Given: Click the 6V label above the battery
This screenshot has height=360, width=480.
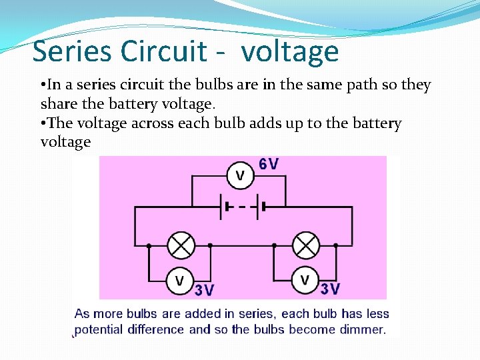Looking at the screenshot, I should [269, 164].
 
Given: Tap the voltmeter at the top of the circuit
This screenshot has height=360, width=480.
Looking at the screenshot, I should [240, 176].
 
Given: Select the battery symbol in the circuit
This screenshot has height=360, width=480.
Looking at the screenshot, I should [244, 207].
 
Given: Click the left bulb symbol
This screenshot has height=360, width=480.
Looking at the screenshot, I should [180, 245].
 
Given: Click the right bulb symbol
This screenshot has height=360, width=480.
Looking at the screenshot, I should [306, 245].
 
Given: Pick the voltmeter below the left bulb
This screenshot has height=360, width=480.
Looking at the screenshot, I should [179, 280].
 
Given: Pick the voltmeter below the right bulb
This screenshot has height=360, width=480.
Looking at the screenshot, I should [305, 280].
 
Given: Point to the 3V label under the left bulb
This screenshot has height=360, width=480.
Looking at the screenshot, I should [205, 290].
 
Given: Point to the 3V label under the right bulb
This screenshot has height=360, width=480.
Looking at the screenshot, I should [330, 289].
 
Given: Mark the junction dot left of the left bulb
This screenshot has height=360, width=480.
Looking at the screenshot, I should [149, 245].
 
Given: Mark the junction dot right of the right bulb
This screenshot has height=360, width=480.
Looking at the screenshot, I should [335, 245].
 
